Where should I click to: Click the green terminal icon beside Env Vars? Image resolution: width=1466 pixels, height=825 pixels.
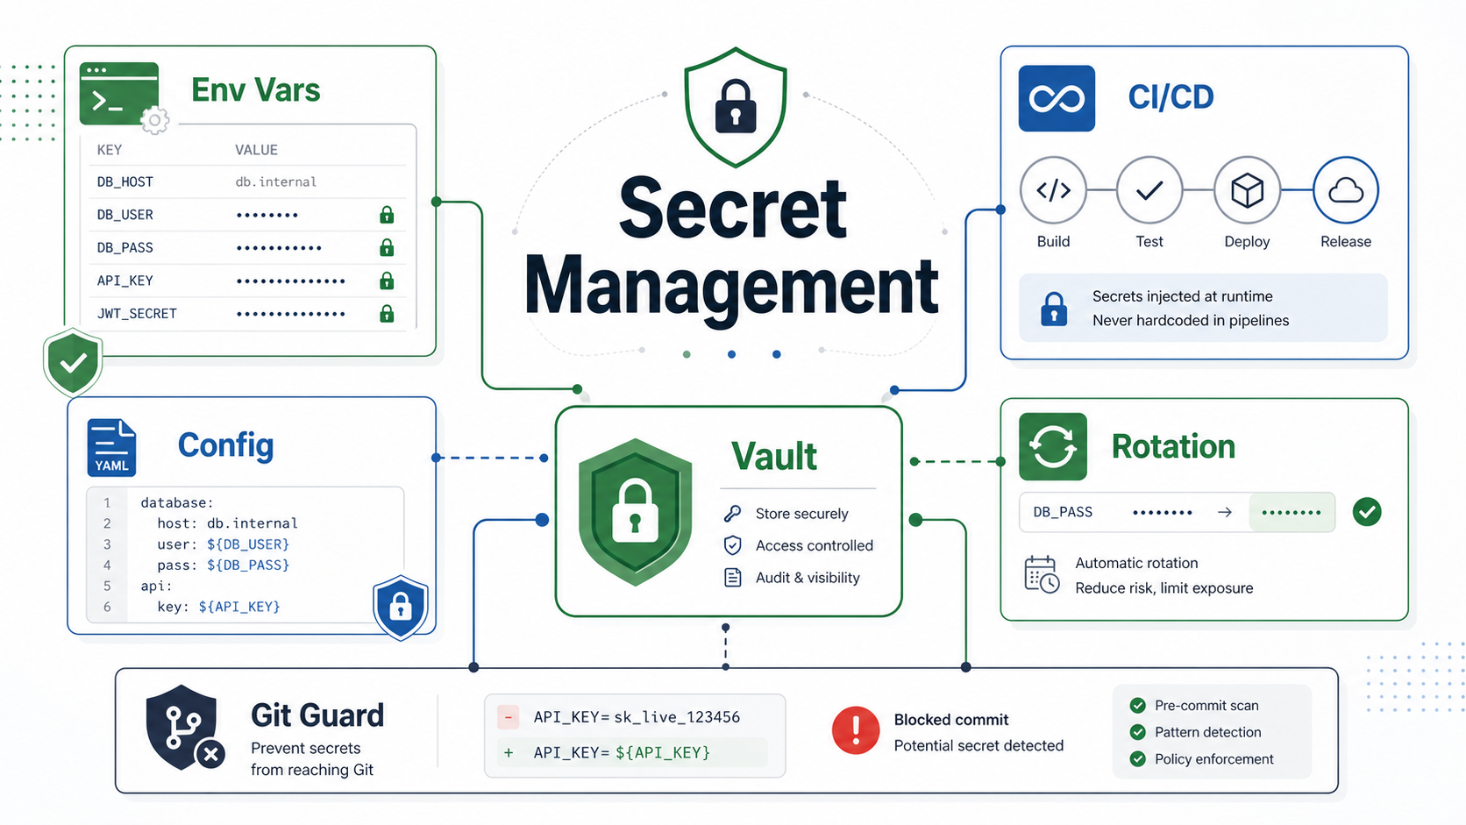point(119,94)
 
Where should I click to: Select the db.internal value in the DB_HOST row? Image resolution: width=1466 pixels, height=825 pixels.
point(275,181)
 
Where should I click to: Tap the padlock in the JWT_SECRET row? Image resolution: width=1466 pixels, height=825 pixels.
point(387,313)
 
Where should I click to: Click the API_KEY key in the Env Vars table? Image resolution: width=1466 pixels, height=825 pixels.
point(125,281)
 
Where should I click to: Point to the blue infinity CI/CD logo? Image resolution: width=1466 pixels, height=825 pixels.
point(1057,98)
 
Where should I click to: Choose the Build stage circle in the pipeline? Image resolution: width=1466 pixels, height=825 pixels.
point(1053,190)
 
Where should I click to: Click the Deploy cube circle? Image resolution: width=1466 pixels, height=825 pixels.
point(1247,190)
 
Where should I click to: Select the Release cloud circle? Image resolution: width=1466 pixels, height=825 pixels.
point(1346,190)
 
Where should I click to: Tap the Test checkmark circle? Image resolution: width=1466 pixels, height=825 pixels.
point(1149,190)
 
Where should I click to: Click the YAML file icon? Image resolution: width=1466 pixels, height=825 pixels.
point(111,447)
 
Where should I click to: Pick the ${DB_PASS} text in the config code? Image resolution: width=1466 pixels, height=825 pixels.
point(248,565)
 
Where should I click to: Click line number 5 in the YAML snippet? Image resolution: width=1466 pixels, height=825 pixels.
point(107,586)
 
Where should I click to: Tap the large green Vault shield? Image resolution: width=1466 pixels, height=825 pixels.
point(635,512)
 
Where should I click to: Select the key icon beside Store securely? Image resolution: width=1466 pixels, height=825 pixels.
point(732,514)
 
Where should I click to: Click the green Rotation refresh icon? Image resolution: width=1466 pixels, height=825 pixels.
point(1052,447)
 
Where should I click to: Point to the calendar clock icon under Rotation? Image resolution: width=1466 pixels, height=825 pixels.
point(1042,574)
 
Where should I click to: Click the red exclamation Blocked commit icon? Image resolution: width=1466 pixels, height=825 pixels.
point(856,730)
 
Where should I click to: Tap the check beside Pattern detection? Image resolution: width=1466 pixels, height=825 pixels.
point(1137,732)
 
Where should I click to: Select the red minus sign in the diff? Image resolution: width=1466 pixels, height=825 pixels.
point(508,717)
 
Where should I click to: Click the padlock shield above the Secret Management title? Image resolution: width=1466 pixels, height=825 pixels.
point(736,107)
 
